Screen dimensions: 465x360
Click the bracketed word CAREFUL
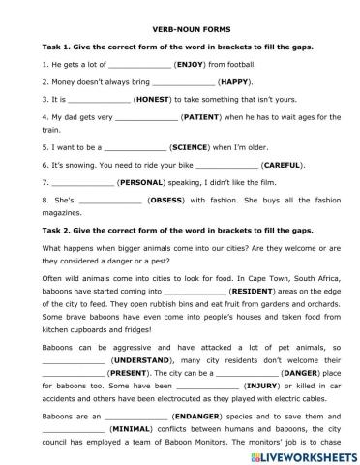(x=258, y=169)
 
